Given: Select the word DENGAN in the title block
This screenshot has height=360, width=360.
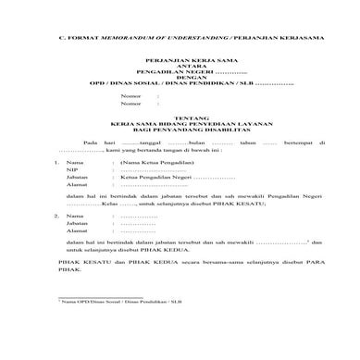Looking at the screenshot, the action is click(x=180, y=90).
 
